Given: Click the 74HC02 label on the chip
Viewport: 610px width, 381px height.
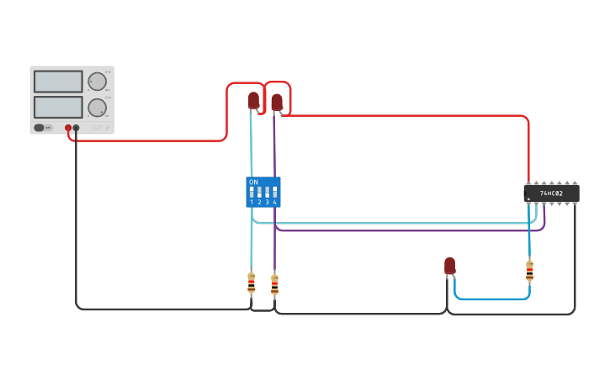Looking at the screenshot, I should tap(552, 193).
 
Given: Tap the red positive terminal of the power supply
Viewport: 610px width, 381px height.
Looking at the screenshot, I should tap(68, 128).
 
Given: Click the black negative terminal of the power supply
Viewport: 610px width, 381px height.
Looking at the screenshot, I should tap(76, 128).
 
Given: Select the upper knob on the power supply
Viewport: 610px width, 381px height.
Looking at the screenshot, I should tap(97, 82).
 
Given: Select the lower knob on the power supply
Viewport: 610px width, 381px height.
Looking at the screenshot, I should tap(97, 108).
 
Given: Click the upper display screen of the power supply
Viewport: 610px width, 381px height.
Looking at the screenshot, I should tap(58, 82).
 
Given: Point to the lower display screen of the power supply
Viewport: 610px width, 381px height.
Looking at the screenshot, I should tap(58, 107).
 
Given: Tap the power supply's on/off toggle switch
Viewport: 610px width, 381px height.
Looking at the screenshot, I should tap(40, 128).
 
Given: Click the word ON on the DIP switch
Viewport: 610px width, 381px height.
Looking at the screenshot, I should tap(253, 182).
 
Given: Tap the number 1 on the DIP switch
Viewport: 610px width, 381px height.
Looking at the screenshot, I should tap(252, 203).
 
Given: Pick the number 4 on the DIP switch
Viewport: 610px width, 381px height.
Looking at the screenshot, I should tap(274, 203).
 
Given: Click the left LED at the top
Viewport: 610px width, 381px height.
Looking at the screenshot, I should tap(253, 100).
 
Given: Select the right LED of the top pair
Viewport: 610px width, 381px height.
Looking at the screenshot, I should tap(277, 102).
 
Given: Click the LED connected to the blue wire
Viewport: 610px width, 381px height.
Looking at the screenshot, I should tap(449, 266).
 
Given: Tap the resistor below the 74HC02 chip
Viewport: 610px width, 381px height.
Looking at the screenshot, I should tap(529, 271).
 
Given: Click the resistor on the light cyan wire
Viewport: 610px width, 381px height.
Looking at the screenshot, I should tap(251, 283).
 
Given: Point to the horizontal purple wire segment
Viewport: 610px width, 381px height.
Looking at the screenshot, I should tap(404, 230).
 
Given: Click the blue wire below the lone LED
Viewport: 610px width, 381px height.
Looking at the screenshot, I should tap(492, 299).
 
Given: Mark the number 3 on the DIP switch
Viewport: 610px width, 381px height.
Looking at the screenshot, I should tap(267, 203).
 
